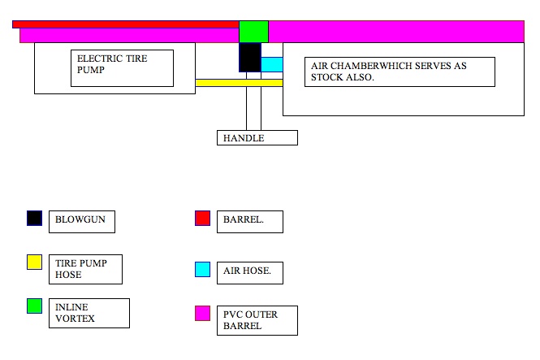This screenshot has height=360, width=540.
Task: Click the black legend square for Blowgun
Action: [34, 218]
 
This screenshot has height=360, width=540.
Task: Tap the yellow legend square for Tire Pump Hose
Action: [34, 262]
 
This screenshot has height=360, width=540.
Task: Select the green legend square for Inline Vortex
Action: [34, 306]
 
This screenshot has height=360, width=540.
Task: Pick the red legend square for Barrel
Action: [202, 218]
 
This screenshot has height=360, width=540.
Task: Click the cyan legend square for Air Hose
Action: [202, 270]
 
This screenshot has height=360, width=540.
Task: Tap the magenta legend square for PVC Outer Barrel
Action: [202, 314]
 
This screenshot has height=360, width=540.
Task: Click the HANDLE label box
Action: [257, 138]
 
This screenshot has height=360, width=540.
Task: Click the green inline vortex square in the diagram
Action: [253, 31]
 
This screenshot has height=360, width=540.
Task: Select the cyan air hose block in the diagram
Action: [272, 64]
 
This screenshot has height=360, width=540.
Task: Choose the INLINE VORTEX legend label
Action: [89, 313]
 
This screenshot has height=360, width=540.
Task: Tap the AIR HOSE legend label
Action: [249, 273]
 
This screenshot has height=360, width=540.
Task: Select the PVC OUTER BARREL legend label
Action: [257, 320]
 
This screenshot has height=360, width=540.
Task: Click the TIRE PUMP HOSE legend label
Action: [85, 269]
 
